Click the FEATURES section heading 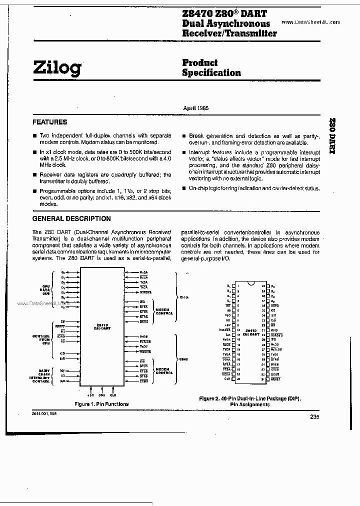coord(49,122)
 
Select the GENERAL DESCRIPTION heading coord(71,218)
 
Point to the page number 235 coord(314,417)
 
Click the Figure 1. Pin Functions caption coord(101,404)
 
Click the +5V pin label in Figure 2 coord(227,325)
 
